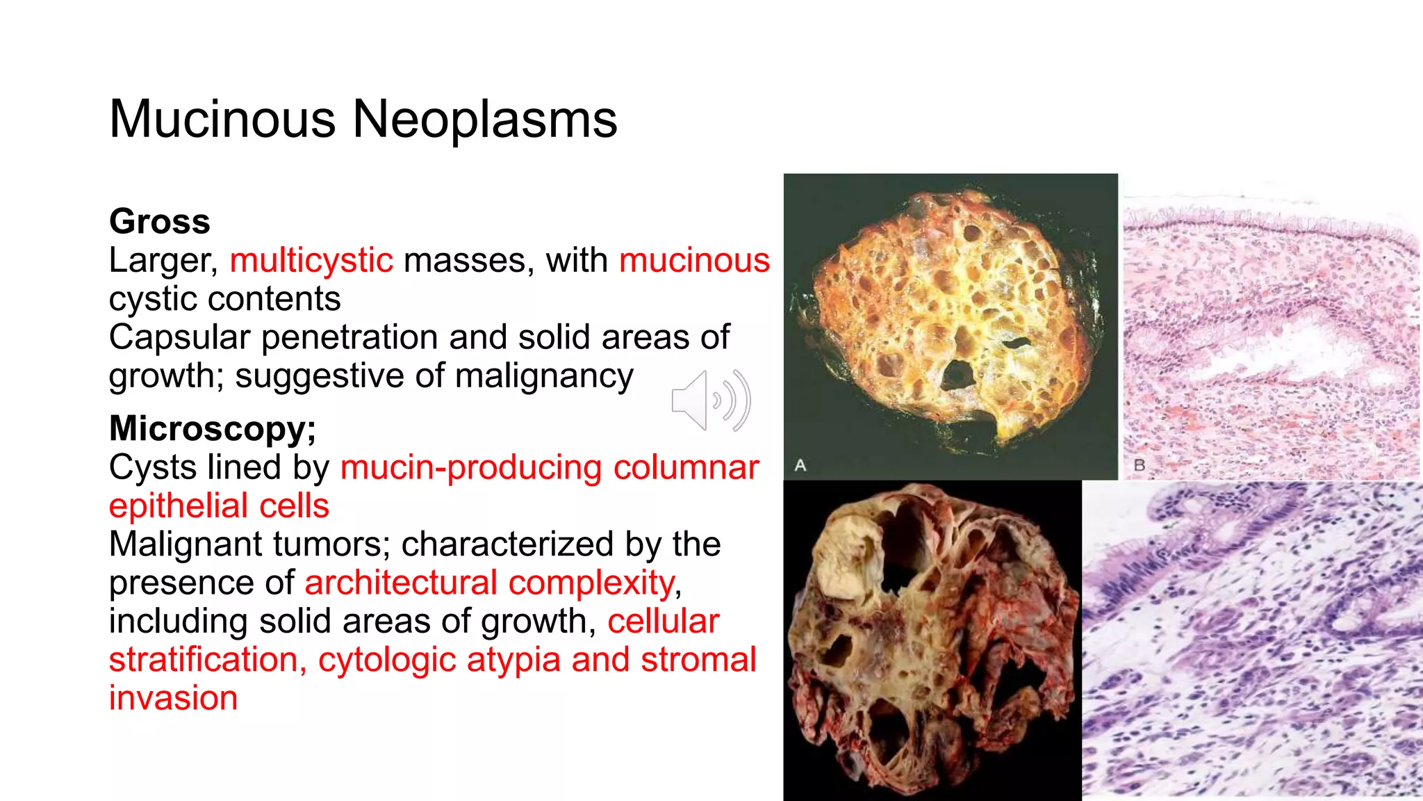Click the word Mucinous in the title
[223, 120]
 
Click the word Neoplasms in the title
[485, 120]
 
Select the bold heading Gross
[160, 222]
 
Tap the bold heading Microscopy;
[213, 428]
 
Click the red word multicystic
[311, 261]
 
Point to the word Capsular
[179, 338]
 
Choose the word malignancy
[544, 376]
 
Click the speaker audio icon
[710, 400]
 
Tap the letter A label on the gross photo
[800, 465]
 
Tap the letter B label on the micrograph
[1140, 465]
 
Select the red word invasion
[173, 698]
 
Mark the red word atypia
[513, 660]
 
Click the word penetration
[350, 338]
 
